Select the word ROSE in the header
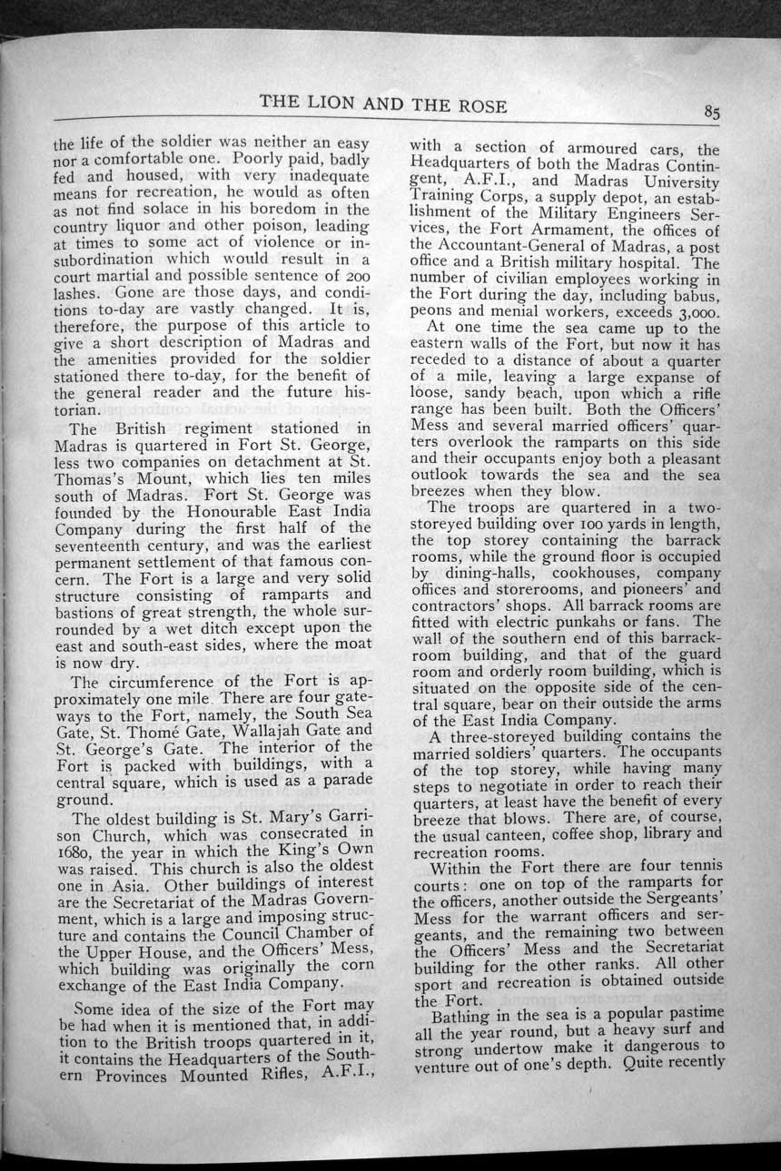point(478,104)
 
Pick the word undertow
point(510,1048)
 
